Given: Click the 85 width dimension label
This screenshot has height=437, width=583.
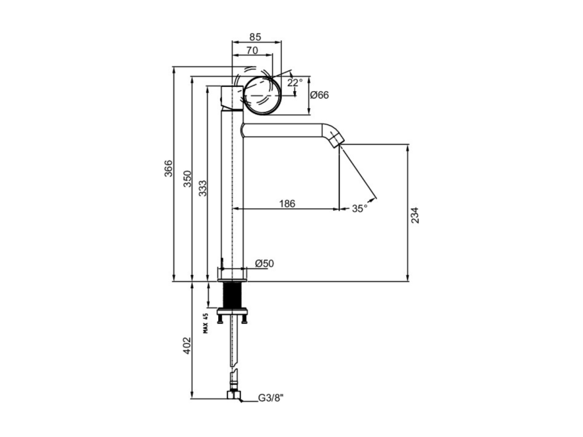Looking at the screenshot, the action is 255,37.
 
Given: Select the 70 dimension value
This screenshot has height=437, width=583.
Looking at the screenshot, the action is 252,50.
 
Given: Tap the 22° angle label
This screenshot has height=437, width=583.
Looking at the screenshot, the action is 294,83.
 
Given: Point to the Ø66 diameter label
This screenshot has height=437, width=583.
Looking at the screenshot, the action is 319,95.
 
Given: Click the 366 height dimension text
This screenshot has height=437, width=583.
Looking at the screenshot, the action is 169,168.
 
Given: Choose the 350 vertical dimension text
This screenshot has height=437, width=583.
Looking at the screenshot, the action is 187,179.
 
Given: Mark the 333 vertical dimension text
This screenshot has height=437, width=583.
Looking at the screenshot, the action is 203,188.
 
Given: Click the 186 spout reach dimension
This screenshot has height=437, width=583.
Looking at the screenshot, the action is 287,204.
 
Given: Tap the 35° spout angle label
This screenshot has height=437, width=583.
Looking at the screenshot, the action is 360,209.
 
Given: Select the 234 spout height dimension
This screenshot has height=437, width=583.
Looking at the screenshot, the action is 415,215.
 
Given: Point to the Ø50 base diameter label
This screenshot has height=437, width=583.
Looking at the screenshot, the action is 264,263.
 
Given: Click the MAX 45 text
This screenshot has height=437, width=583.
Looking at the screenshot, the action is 205,323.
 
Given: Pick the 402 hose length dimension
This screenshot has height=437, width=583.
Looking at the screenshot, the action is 187,346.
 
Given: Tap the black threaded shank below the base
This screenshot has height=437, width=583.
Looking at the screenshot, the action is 232,295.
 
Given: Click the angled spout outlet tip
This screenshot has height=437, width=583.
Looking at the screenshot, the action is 338,140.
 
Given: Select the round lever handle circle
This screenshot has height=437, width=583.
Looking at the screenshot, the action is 262,95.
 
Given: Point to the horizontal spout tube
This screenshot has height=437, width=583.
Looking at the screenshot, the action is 283,130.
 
